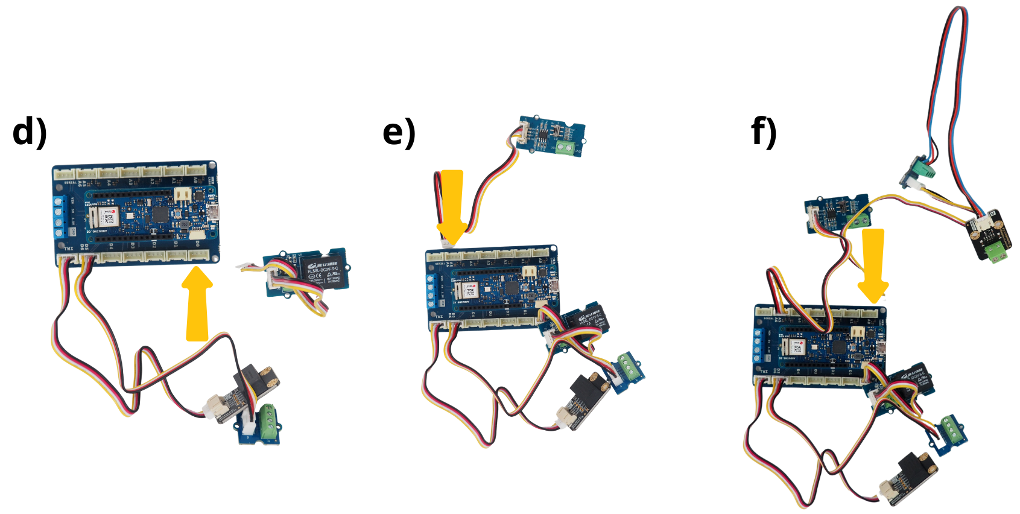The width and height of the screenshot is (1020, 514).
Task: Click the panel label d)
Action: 30,132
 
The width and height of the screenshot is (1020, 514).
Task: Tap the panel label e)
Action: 399,132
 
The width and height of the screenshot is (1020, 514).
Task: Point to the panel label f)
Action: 764,132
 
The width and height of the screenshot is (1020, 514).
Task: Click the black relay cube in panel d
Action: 322,270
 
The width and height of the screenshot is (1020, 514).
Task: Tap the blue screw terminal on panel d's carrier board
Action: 59,218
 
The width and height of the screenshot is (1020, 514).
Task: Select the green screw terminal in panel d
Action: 267,420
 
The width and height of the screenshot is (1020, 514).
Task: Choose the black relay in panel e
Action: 588,319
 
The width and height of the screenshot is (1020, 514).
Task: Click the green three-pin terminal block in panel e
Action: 628,366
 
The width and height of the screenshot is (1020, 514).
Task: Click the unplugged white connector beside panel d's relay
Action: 247,266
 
